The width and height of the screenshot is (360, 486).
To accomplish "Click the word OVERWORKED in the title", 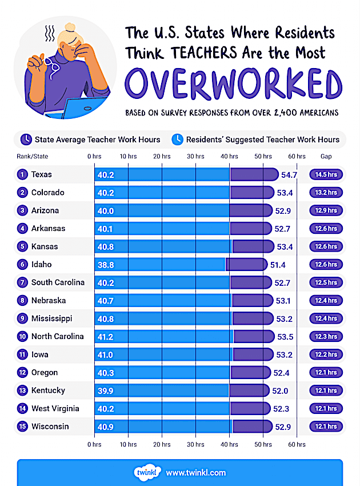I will point(233,83).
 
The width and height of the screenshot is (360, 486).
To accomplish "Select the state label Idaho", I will point(41,264).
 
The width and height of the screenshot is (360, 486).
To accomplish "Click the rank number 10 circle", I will point(22,336).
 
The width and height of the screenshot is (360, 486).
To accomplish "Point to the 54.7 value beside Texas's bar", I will point(289,174).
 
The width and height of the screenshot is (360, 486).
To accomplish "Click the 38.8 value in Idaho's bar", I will point(106,264).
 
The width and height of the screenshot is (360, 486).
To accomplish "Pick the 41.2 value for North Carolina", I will point(106,336).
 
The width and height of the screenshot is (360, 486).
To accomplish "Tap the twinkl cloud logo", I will point(146,472).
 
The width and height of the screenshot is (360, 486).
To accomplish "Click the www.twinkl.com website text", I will point(195,473).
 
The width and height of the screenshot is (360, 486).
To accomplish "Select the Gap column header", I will point(326,156).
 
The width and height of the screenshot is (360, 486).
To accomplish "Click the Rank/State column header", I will point(33,156).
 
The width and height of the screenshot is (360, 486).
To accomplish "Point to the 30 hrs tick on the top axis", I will point(195,156).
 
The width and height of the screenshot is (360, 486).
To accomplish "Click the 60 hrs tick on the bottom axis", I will point(296,444).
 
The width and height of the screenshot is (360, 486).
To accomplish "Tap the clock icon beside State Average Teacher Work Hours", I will point(26,139).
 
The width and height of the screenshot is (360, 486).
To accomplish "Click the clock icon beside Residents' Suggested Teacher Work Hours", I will point(178,139).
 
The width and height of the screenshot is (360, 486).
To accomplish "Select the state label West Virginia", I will point(55,408).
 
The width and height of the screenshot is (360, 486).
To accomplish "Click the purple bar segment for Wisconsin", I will point(251,427).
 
